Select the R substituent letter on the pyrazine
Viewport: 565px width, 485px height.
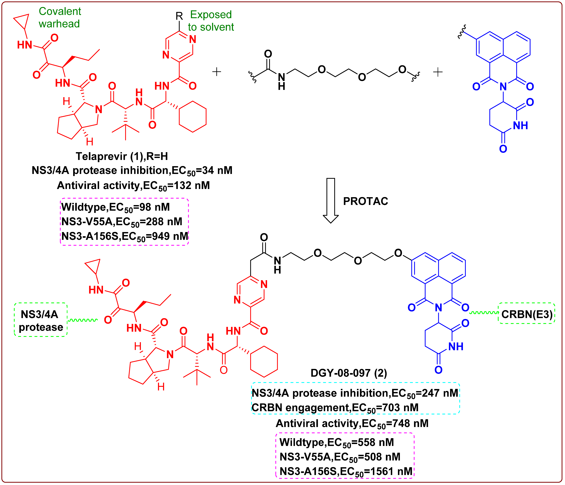pos(179,16)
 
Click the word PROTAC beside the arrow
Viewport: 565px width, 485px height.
pos(365,201)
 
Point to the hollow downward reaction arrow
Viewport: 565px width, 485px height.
pos(330,200)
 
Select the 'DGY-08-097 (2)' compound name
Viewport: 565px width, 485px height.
pos(349,373)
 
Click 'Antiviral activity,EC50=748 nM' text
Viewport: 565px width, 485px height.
pos(352,423)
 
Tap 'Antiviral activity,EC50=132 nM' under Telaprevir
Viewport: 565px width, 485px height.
pos(133,186)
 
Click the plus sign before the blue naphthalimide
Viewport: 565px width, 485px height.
pos(438,72)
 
